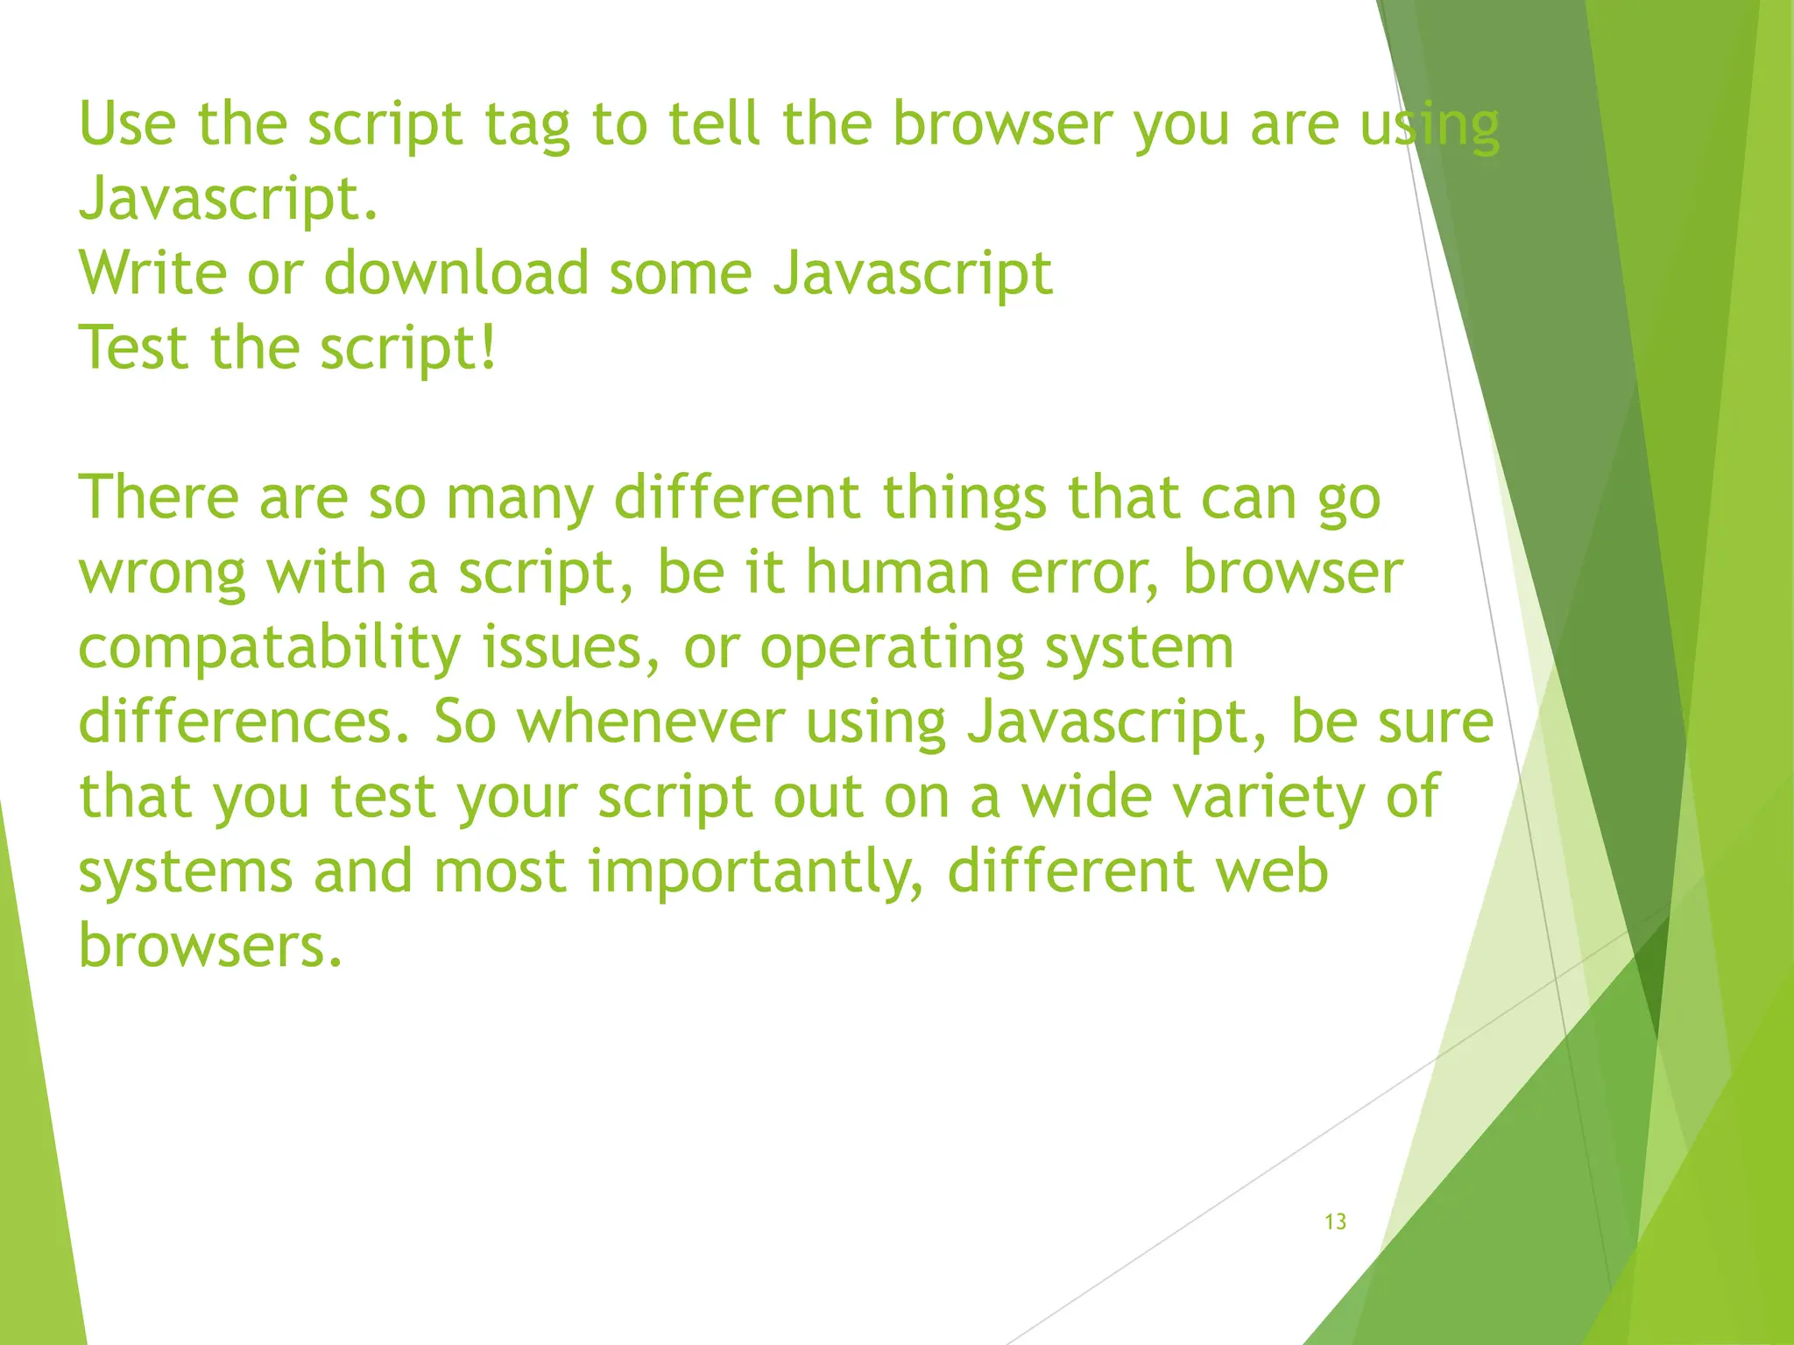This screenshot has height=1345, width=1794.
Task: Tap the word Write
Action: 152,273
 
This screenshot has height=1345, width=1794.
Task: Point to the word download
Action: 456,273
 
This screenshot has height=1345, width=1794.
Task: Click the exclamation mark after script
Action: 488,348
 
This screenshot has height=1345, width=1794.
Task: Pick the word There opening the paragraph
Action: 159,497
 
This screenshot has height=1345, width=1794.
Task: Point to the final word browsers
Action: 210,947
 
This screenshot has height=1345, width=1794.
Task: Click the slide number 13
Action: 1335,1222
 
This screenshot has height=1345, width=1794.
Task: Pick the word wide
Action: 1086,797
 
